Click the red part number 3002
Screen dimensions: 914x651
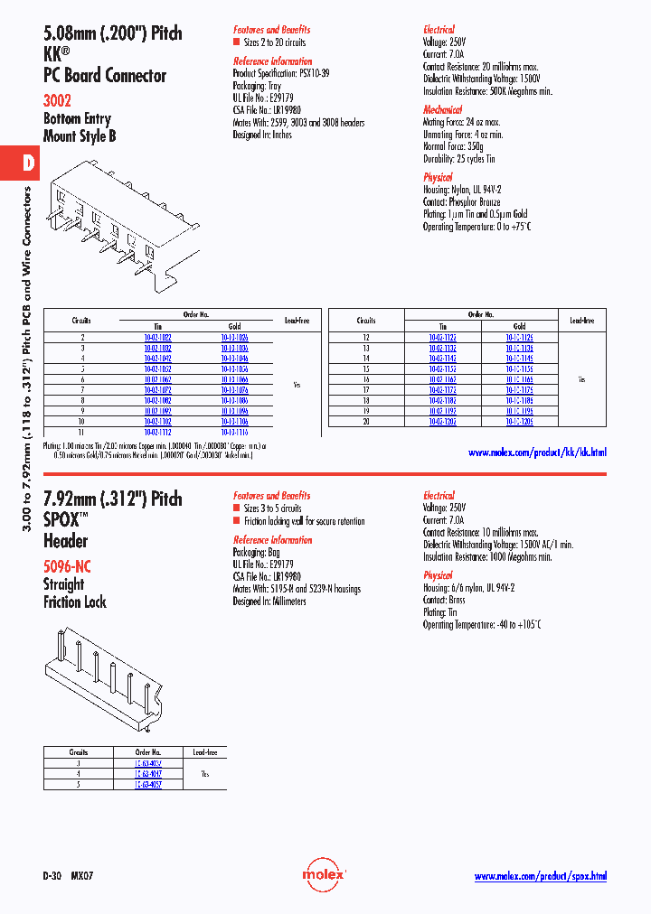pyautogui.click(x=57, y=101)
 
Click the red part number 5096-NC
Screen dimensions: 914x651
pyautogui.click(x=67, y=567)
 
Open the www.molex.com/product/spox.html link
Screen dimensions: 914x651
pyautogui.click(x=540, y=876)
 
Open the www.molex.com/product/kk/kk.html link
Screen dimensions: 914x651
pyautogui.click(x=537, y=452)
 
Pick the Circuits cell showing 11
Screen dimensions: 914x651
pyautogui.click(x=81, y=432)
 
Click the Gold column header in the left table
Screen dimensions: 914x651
pyautogui.click(x=234, y=326)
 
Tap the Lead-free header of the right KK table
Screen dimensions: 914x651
pyautogui.click(x=581, y=321)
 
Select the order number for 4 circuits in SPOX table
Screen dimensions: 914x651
pyautogui.click(x=148, y=774)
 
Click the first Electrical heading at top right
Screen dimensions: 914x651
pyautogui.click(x=439, y=29)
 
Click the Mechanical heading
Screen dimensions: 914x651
pyautogui.click(x=442, y=109)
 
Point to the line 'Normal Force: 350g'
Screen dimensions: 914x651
pyautogui.click(x=453, y=146)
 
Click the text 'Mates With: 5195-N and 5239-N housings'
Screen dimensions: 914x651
pyautogui.click(x=297, y=589)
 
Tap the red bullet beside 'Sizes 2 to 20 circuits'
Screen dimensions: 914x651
pyautogui.click(x=237, y=42)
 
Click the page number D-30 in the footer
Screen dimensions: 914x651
pyautogui.click(x=52, y=876)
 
